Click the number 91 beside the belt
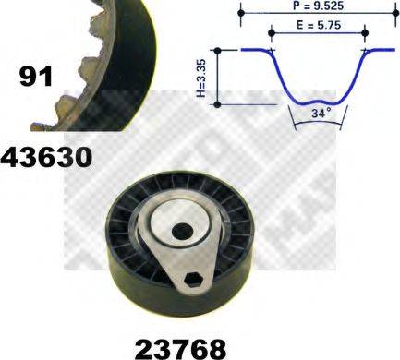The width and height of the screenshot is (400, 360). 35,77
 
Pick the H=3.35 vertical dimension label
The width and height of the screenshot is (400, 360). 202,78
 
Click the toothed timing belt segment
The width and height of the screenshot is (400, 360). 92,55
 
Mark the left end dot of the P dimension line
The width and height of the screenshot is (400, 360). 239,13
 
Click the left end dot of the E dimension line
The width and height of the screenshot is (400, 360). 271,33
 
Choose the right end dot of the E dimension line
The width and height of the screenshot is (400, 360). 363,33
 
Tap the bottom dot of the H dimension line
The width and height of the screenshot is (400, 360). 217,104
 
